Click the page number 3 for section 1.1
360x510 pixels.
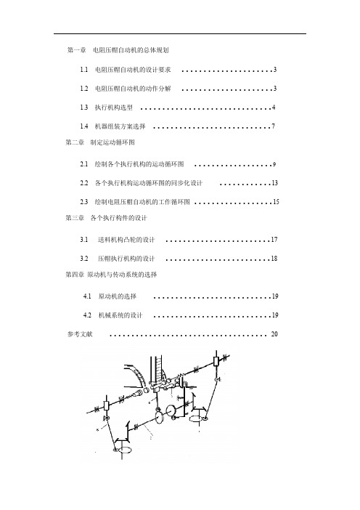[275, 70]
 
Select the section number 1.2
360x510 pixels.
[84, 89]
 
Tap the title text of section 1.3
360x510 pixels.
[114, 108]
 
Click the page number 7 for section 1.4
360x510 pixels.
[274, 126]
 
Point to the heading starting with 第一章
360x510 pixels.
[118, 50]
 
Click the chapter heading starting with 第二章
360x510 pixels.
[100, 142]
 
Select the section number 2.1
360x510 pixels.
[84, 164]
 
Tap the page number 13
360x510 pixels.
[274, 183]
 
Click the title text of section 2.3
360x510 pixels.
[142, 202]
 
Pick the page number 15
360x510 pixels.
[276, 202]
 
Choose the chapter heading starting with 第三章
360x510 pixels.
[106, 218]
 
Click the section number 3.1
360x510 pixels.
[84, 240]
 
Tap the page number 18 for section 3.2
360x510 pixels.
[274, 258]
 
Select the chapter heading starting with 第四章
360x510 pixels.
[111, 275]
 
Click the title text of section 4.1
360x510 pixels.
[118, 296]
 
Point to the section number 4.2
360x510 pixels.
[87, 315]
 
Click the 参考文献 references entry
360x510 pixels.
[80, 334]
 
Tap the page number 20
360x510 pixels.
[274, 334]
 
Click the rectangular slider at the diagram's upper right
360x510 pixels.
[216, 361]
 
